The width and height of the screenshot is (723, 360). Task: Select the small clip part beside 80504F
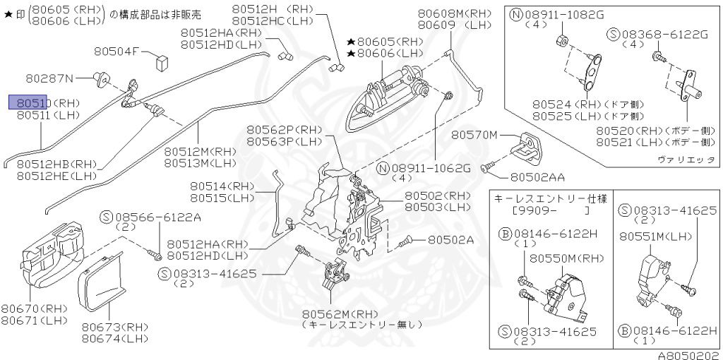162,59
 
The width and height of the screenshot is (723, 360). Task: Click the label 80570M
474,134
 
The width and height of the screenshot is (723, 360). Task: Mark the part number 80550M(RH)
562,258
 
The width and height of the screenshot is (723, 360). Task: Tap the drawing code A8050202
688,355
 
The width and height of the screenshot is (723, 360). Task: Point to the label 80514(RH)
221,186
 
